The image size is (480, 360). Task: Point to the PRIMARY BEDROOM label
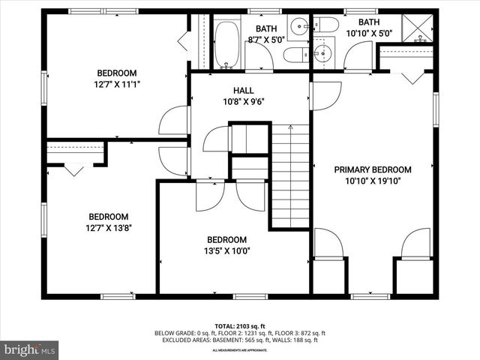[x=373, y=169]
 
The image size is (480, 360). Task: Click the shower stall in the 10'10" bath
[x=420, y=27]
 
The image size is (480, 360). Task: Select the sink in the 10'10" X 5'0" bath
[x=323, y=53]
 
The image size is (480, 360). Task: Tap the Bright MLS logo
[x=30, y=349]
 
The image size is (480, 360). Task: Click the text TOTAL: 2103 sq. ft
[x=240, y=326]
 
